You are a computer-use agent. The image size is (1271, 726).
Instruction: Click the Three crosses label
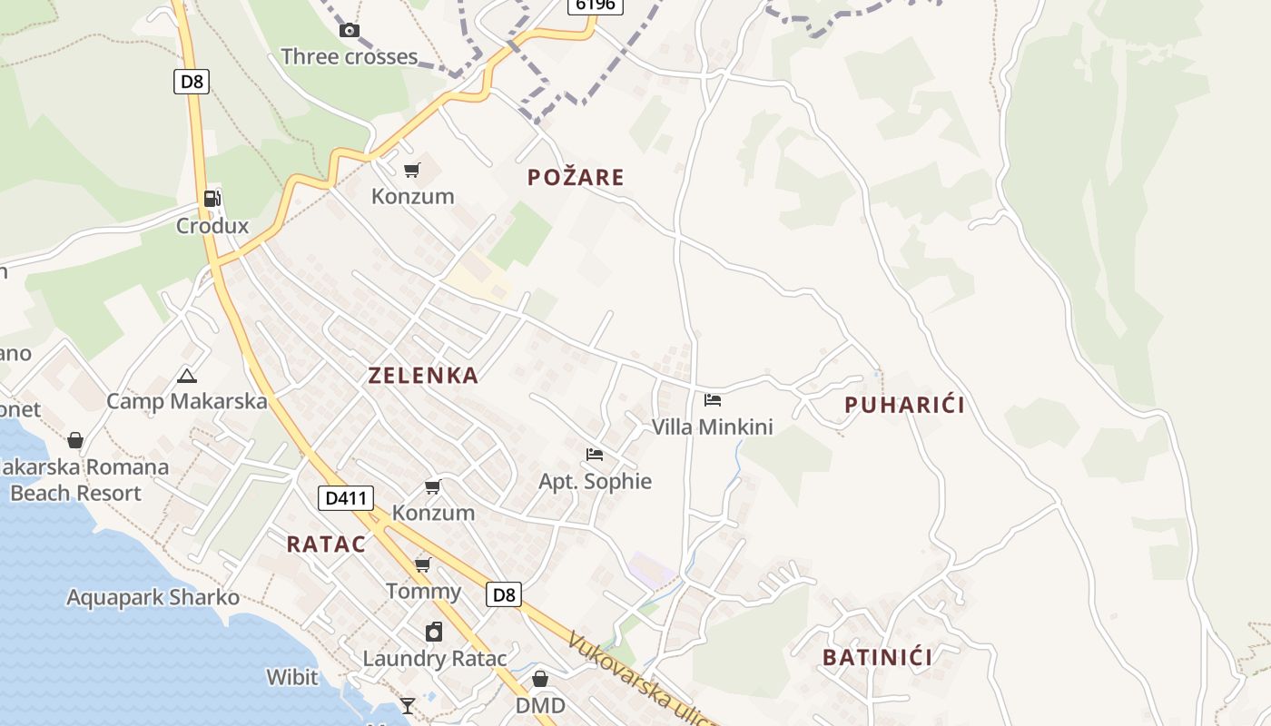pos(349,57)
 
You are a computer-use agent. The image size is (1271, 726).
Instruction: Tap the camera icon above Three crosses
pos(350,30)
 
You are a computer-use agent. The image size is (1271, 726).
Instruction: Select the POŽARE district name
pos(576,177)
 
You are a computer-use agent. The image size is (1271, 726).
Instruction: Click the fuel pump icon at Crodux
pos(212,198)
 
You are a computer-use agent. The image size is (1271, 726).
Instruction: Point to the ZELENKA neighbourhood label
pos(423,376)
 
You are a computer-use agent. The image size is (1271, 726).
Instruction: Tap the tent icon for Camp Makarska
pos(187,376)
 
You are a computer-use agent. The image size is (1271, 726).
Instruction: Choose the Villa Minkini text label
pos(712,427)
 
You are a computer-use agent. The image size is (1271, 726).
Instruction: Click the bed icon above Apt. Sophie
pos(595,454)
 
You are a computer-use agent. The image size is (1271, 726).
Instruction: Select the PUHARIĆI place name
pos(904,405)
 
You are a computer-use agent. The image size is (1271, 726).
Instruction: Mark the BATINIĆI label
pos(877,657)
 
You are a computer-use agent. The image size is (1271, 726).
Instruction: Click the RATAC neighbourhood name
pos(326,544)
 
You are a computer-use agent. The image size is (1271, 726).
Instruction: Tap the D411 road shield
pos(346,497)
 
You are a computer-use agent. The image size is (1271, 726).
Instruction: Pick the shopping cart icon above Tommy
pos(422,565)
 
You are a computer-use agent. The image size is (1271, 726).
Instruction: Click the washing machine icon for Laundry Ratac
pos(434,632)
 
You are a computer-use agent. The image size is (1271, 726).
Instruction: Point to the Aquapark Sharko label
pos(153,597)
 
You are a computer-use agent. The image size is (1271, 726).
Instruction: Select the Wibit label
pos(292,677)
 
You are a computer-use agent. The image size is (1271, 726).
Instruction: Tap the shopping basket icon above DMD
pos(540,679)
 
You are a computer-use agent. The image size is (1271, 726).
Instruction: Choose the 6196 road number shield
pos(596,5)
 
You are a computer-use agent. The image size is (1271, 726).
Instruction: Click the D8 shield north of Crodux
pos(192,82)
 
